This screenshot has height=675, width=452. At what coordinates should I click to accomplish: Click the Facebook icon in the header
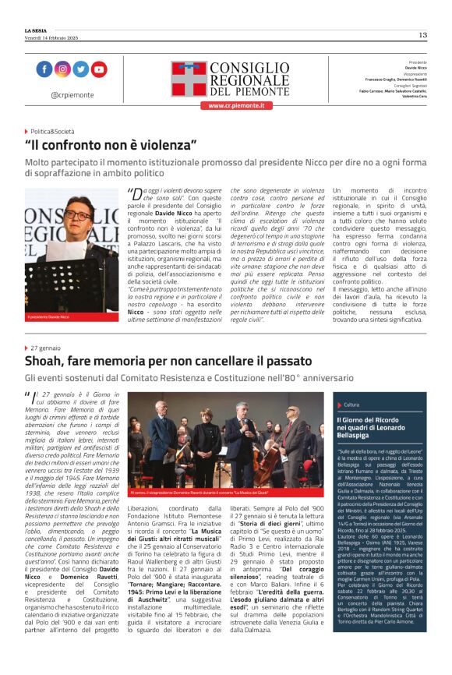tap(44, 69)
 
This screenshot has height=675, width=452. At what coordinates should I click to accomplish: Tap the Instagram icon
tap(62, 69)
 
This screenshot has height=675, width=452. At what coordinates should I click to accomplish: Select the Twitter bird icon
tap(80, 69)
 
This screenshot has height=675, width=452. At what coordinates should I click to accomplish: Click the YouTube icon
tap(98, 69)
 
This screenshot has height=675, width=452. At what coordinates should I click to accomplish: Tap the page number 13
tap(422, 35)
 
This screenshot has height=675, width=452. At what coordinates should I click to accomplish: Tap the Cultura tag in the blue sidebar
tap(351, 405)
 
